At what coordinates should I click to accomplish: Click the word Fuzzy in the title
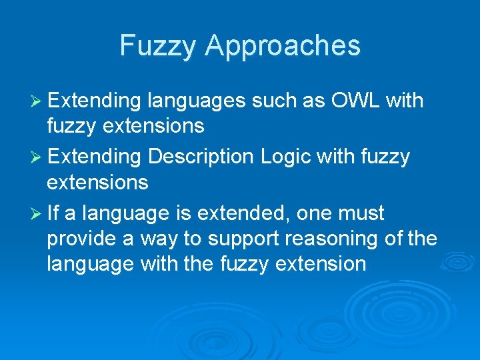[159, 46]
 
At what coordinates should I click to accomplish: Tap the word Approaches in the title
[283, 46]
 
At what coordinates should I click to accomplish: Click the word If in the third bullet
[54, 213]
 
